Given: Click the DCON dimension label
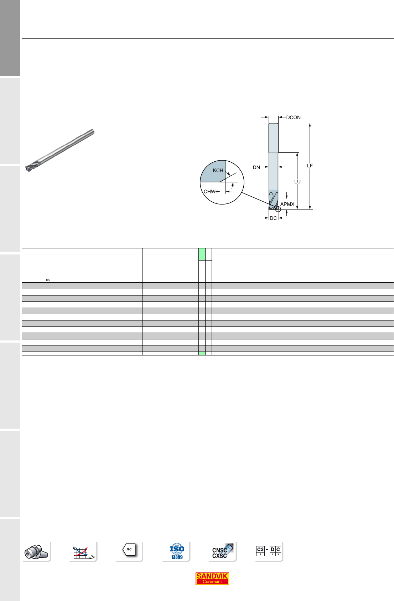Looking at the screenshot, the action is (293, 117).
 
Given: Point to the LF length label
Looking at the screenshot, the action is (310, 166).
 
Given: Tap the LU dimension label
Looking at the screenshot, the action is (297, 182).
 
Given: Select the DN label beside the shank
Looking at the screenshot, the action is (256, 167).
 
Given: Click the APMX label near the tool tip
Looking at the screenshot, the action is (287, 204).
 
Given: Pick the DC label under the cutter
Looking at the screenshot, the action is (273, 218).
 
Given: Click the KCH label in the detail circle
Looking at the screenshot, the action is (218, 170).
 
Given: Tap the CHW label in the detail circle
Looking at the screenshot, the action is (209, 192).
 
